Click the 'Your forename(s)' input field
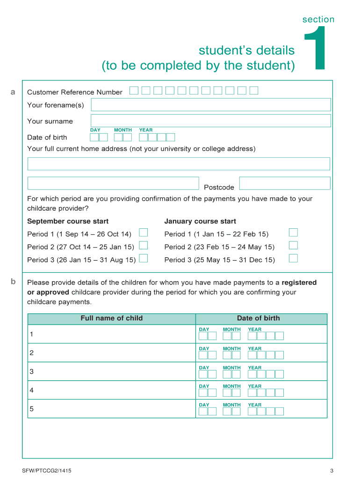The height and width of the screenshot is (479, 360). coord(210,105)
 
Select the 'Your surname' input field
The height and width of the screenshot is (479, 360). coord(210,121)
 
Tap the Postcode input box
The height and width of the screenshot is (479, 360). coord(284,183)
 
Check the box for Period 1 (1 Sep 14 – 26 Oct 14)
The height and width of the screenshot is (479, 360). coord(144,232)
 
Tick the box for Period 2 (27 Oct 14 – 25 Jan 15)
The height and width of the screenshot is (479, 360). coord(144,245)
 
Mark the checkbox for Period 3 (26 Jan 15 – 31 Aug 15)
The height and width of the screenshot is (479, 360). coord(144,258)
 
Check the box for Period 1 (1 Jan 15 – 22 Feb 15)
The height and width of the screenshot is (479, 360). coord(293,232)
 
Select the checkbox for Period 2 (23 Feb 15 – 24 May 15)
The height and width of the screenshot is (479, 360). coord(293,245)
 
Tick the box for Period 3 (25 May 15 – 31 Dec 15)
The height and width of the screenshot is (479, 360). coord(293,258)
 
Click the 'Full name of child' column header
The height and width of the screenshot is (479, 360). coord(111,318)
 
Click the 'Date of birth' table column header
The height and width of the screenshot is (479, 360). coord(258,318)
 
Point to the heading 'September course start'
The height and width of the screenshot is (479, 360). coord(68,221)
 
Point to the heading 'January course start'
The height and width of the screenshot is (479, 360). coord(200,221)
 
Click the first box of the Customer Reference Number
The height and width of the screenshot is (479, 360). coord(134,91)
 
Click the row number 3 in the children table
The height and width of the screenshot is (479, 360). coord(31,372)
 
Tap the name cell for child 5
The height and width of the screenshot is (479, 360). coord(112,409)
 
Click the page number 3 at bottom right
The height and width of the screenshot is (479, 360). coord(331,471)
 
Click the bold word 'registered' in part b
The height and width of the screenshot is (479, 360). coord(299,283)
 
